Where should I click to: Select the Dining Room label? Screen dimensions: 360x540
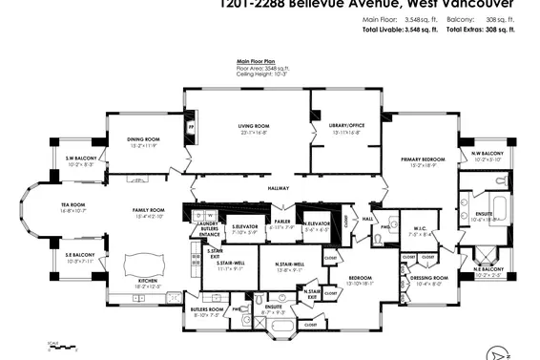(x=148, y=139)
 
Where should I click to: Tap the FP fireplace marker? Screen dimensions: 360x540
(x=191, y=125)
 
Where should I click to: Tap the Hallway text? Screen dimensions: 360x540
(x=279, y=188)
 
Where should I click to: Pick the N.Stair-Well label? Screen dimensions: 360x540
(x=287, y=265)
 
